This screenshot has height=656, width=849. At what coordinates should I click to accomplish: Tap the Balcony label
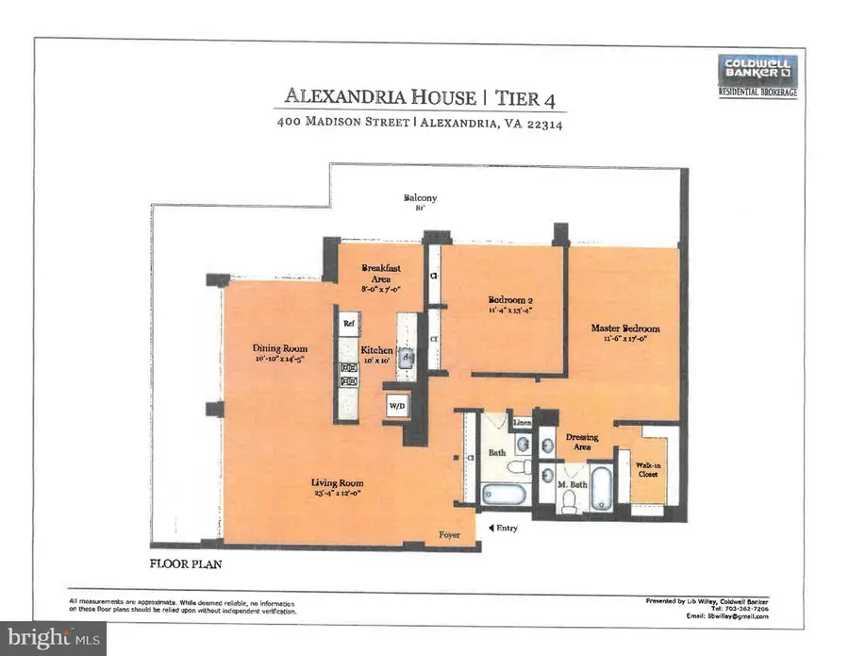(421, 200)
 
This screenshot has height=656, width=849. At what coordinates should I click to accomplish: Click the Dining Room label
(280, 353)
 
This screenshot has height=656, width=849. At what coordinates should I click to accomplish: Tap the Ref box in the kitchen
(348, 323)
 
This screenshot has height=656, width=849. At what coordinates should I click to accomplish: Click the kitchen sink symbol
(406, 357)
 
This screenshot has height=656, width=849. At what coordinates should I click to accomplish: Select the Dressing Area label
(583, 442)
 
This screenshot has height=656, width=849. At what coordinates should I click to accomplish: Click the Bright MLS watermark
(53, 637)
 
